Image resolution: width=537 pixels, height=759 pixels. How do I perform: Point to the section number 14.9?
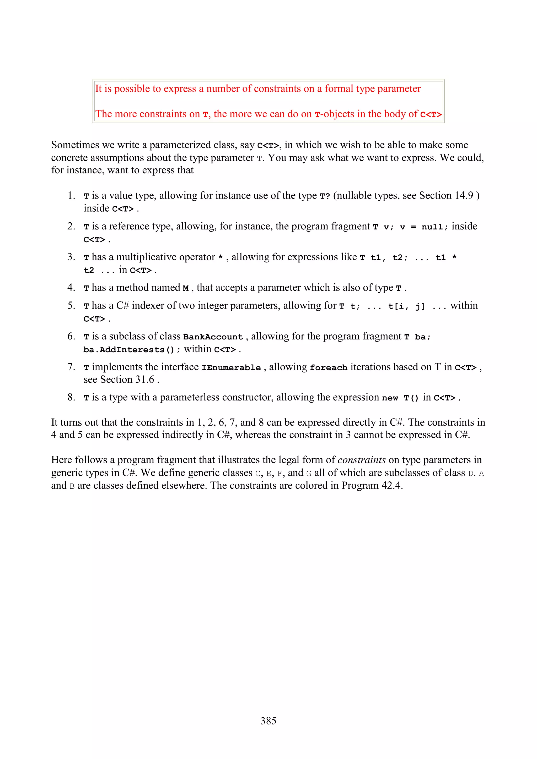click(x=464, y=195)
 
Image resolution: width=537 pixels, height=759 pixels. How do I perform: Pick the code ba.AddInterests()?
click(x=132, y=349)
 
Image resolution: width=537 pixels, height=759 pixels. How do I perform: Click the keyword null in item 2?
click(x=432, y=227)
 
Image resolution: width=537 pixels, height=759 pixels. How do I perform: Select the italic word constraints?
click(x=361, y=460)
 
